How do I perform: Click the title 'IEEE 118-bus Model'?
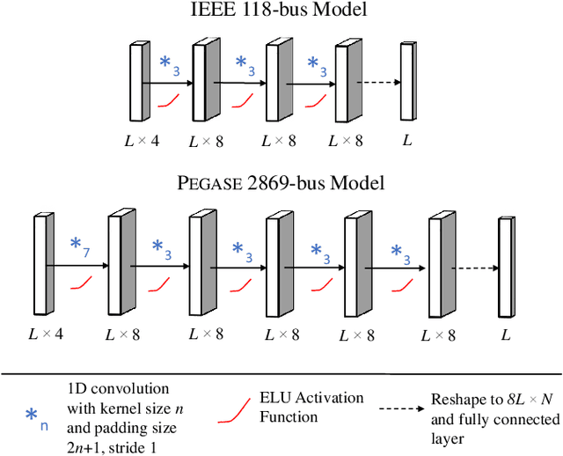tap(281, 12)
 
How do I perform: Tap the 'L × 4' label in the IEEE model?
tap(141, 140)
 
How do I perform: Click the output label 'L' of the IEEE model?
tap(406, 140)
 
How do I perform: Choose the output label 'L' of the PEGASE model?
tap(505, 335)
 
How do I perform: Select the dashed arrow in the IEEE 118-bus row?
tap(375, 84)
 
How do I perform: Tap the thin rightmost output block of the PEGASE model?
tap(505, 265)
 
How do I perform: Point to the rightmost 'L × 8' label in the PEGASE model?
tap(437, 335)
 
